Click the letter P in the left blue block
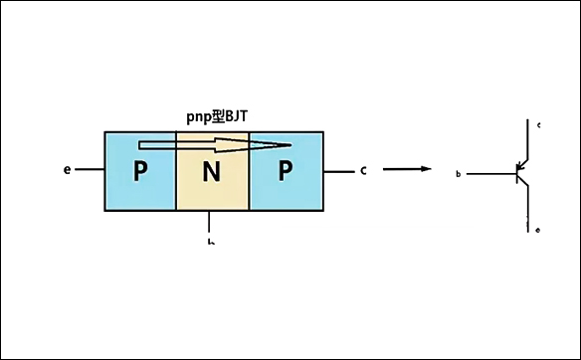139,172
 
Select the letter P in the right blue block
285,171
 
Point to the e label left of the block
67,170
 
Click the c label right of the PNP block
364,170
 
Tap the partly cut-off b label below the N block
210,240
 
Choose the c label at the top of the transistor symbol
538,125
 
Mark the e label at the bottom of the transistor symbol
538,231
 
